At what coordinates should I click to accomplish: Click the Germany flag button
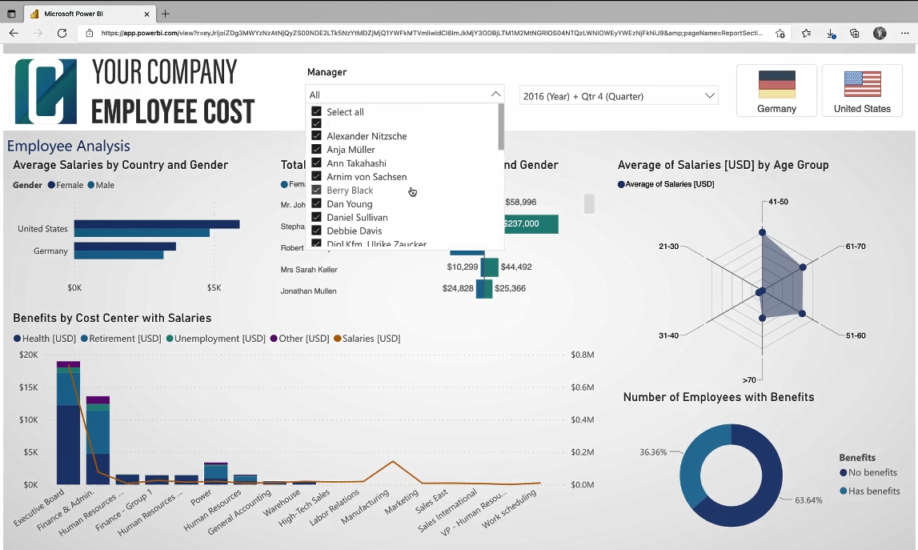[776, 90]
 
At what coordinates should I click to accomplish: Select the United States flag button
[861, 90]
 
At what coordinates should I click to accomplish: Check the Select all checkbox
[317, 112]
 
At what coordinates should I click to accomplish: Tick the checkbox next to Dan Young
[317, 204]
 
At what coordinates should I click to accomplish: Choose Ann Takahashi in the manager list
[356, 163]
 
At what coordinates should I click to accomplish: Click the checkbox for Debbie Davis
[317, 231]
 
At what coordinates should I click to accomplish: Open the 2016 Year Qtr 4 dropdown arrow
[709, 96]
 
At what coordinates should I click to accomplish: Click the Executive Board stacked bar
[68, 424]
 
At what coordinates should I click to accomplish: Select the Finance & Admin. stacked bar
[98, 440]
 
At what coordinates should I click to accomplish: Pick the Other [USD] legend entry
[299, 339]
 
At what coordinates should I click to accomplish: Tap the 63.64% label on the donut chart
[808, 500]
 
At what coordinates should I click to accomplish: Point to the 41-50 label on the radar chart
[777, 202]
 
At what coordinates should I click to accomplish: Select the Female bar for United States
[156, 224]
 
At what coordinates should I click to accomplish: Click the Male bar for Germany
[118, 255]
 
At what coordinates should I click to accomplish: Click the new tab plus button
[166, 14]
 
